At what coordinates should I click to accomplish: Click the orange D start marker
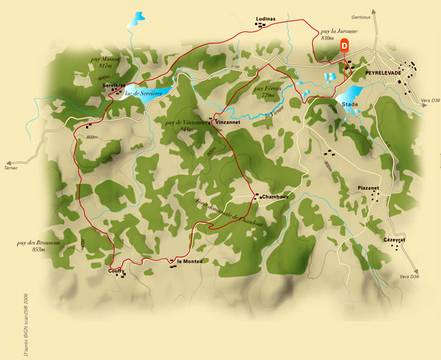coord(344,46)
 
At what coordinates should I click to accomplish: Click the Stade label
coord(350,104)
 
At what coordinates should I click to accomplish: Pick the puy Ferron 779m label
coord(266,92)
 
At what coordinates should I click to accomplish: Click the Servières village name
coord(114,85)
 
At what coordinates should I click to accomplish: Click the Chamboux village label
coord(275,197)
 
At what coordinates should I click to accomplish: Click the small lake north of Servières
coord(138,18)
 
